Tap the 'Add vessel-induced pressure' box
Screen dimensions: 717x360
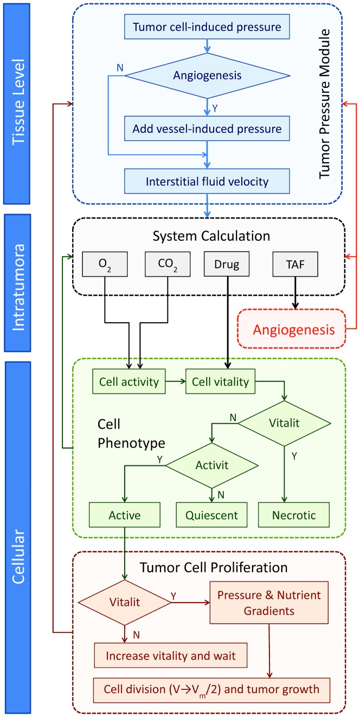pyautogui.click(x=208, y=129)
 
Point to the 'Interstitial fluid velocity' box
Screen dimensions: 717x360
pyautogui.click(x=208, y=181)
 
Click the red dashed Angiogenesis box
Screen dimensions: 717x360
pyautogui.click(x=292, y=329)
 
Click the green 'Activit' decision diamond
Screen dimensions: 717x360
pyautogui.click(x=210, y=465)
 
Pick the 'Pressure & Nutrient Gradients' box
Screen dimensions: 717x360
pyautogui.click(x=269, y=603)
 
